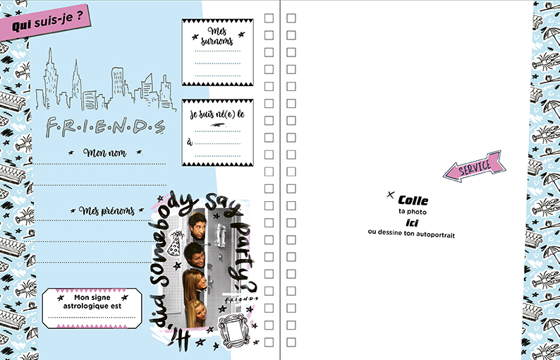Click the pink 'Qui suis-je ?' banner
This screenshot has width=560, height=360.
(x=44, y=22)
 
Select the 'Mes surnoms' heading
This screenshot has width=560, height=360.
(x=217, y=36)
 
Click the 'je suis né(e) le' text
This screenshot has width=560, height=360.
(x=217, y=114)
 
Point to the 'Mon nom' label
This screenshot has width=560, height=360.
(x=104, y=153)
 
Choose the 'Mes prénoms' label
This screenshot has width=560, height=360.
(x=106, y=210)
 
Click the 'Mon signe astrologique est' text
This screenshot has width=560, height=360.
(x=92, y=301)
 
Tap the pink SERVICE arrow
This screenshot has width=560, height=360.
(x=475, y=167)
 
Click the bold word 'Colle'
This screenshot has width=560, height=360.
(x=413, y=200)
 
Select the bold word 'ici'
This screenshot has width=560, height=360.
(x=412, y=223)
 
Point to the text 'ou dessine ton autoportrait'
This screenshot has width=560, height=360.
(x=411, y=234)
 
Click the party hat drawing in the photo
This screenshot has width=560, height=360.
(x=175, y=243)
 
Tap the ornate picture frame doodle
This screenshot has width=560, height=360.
(x=233, y=328)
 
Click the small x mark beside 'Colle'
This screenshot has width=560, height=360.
(x=390, y=195)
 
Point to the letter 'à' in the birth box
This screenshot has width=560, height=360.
(x=190, y=143)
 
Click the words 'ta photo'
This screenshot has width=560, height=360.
(x=413, y=212)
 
